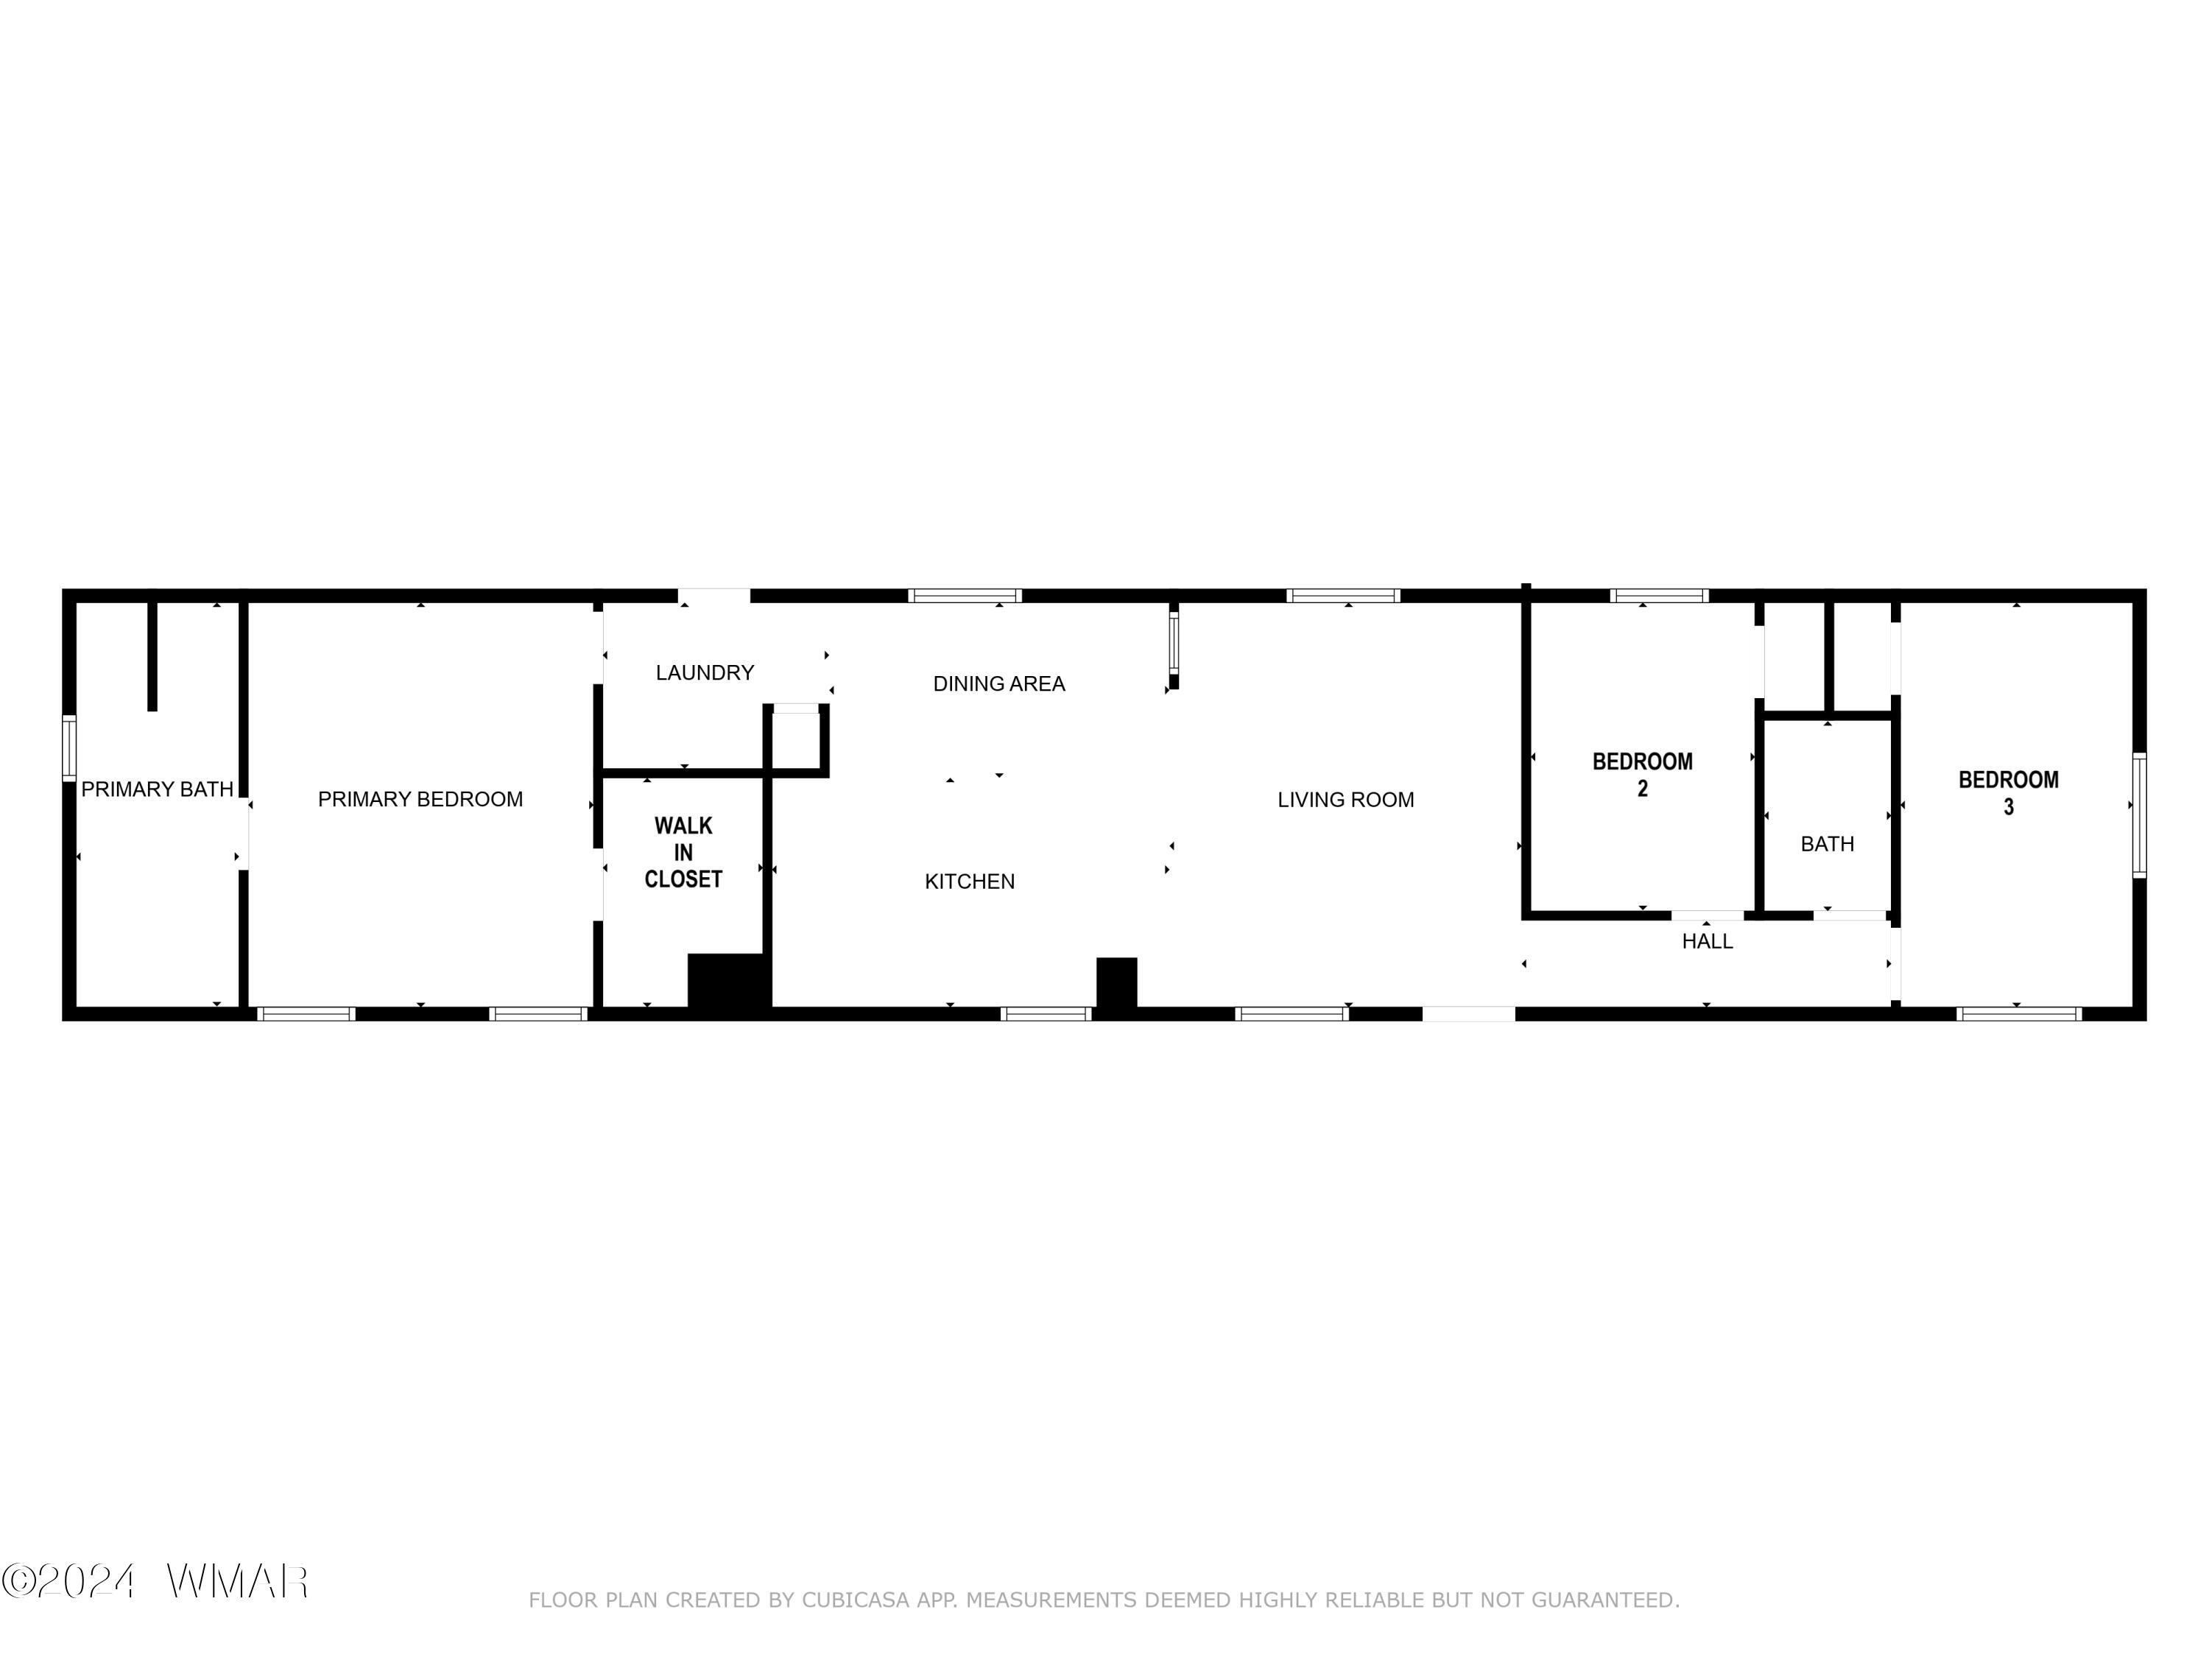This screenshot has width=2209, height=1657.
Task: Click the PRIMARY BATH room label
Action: (x=157, y=789)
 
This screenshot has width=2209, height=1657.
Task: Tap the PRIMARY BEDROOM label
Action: (x=420, y=799)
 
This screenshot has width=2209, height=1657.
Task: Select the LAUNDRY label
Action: (x=705, y=672)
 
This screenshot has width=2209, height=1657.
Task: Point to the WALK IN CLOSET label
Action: (x=683, y=852)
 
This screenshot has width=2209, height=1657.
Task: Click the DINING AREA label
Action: (x=998, y=683)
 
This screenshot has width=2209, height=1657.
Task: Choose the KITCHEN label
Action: (x=970, y=881)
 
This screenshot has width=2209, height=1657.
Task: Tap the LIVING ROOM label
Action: (x=1345, y=799)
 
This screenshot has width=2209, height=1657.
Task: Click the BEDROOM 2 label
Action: (x=1642, y=774)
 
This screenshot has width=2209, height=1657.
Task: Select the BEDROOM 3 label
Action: (x=2008, y=792)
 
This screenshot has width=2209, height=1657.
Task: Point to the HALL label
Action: (x=1707, y=941)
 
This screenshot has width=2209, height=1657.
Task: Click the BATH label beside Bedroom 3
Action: (x=1827, y=844)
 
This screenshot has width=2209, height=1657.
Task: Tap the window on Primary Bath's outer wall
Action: (x=69, y=747)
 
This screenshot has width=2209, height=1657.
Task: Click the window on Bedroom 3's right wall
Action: (x=2139, y=815)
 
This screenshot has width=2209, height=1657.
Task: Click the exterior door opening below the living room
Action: (x=1468, y=1014)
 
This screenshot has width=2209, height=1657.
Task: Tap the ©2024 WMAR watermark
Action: (x=155, y=1581)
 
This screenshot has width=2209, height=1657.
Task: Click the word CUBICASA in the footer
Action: (x=856, y=1600)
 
